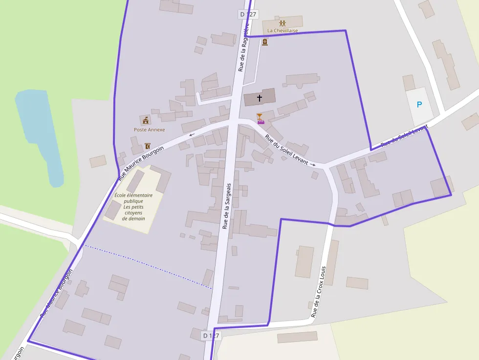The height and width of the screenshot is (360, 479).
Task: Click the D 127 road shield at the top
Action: pyautogui.click(x=248, y=14)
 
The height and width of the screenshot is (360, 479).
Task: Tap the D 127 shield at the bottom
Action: pyautogui.click(x=212, y=336)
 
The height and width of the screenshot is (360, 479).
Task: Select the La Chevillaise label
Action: pyautogui.click(x=282, y=31)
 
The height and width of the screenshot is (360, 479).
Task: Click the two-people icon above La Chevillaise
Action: pyautogui.click(x=283, y=23)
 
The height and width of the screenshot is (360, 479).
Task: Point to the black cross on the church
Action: pyautogui.click(x=259, y=98)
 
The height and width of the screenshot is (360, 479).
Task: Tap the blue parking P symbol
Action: pyautogui.click(x=419, y=105)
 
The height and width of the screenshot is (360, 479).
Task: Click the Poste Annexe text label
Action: pyautogui.click(x=149, y=130)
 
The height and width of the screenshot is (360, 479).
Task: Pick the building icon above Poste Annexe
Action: pyautogui.click(x=145, y=120)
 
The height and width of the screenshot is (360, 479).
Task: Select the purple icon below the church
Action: pyautogui.click(x=261, y=118)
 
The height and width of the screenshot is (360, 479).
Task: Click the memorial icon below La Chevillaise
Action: pyautogui.click(x=265, y=42)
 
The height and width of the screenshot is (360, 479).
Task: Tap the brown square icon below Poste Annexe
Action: pyautogui.click(x=148, y=146)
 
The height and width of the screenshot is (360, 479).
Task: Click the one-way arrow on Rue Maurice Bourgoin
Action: pyautogui.click(x=192, y=135)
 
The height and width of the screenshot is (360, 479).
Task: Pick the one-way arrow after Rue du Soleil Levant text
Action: pyautogui.click(x=313, y=165)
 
